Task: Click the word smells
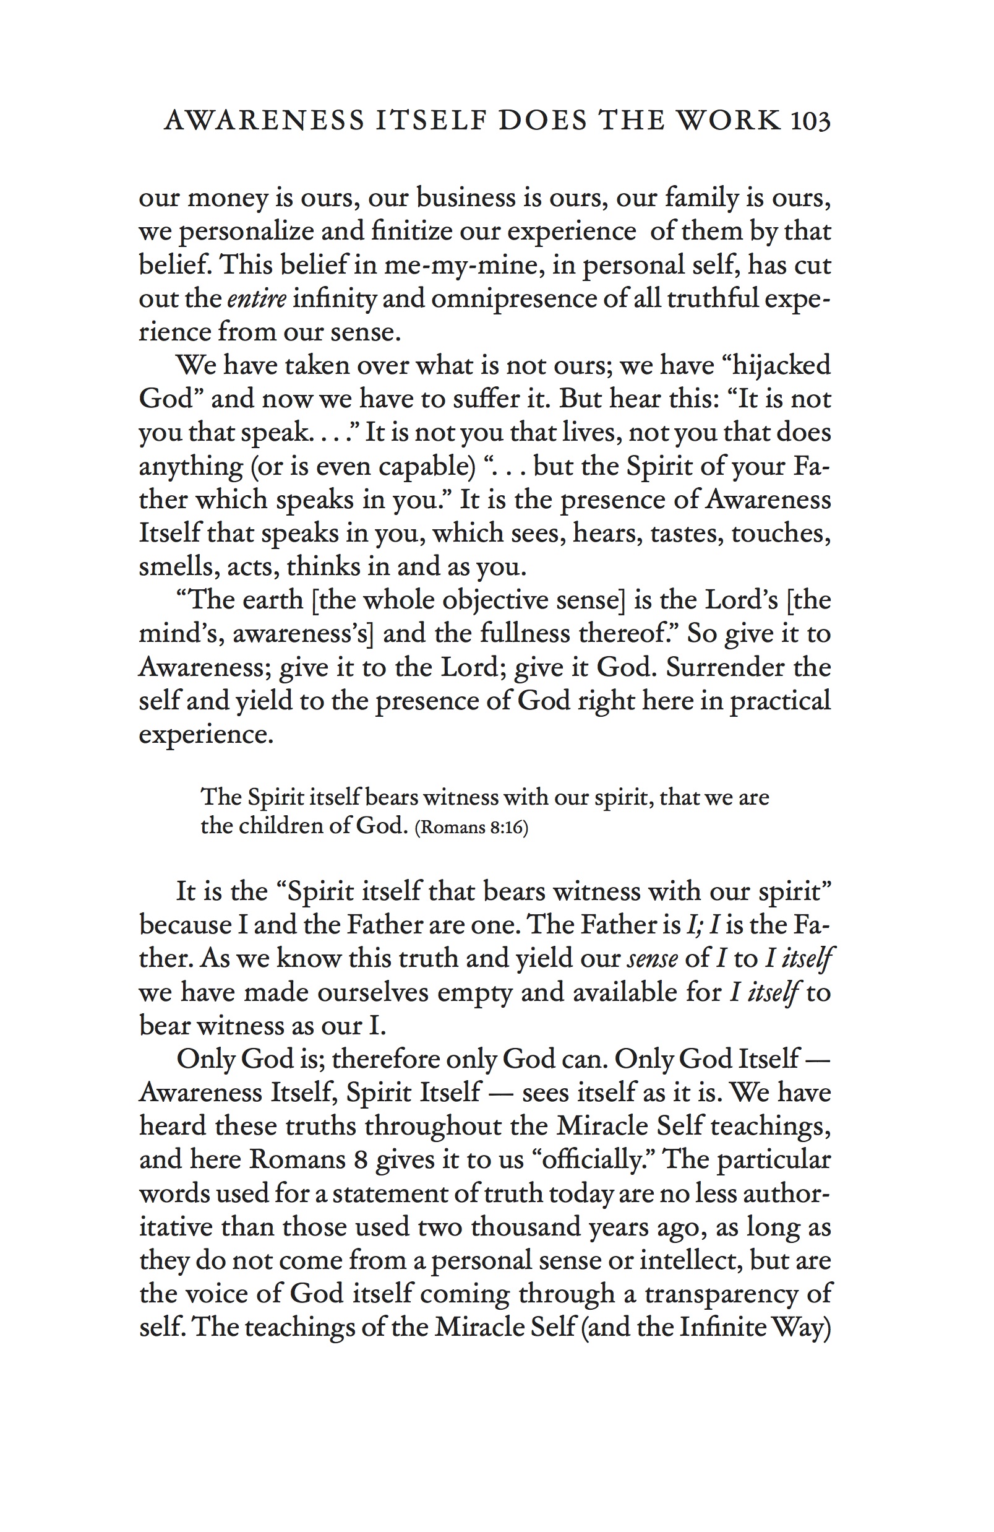click(x=173, y=566)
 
